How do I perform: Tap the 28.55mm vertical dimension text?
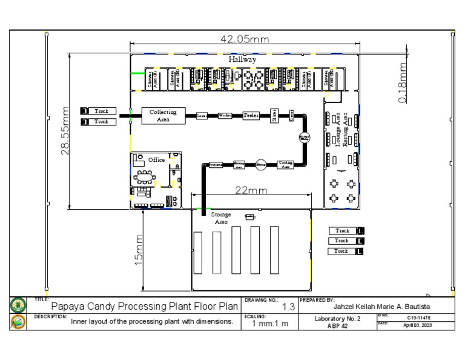pyautogui.click(x=67, y=131)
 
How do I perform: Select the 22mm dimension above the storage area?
pyautogui.click(x=251, y=190)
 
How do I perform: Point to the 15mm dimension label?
pyautogui.click(x=138, y=250)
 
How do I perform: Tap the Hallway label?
pyautogui.click(x=242, y=59)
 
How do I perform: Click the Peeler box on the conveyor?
pyautogui.click(x=251, y=115)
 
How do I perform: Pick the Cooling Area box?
pyautogui.click(x=286, y=164)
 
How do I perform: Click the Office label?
pyautogui.click(x=157, y=160)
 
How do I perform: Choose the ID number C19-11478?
pyautogui.click(x=419, y=316)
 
